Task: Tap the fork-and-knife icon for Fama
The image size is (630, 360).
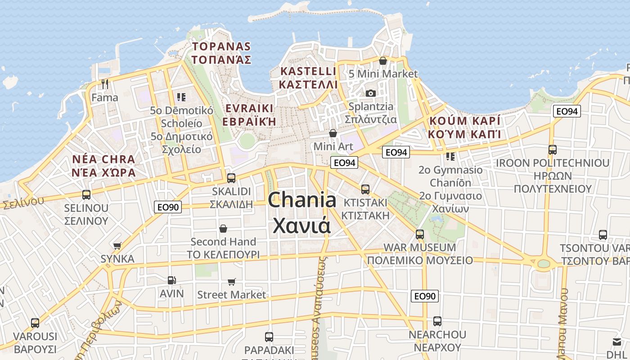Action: tap(105, 84)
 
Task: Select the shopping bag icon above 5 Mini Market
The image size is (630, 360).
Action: tap(383, 61)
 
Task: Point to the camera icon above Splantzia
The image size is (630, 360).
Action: tap(371, 93)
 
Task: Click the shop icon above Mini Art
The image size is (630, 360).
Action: tap(333, 133)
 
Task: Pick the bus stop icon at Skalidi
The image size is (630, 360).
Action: tap(231, 178)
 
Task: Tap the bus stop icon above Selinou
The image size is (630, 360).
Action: tap(86, 195)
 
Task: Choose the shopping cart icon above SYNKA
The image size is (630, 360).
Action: tap(117, 246)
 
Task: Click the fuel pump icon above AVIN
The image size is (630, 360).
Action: tap(171, 280)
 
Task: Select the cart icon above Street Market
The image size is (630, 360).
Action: tap(232, 282)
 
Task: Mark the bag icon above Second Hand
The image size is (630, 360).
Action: tap(223, 229)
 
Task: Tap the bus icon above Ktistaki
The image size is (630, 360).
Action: tap(365, 189)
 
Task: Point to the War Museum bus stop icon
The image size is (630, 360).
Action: tap(420, 234)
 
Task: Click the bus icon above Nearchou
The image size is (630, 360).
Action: tap(437, 321)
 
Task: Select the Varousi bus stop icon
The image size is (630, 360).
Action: tap(35, 323)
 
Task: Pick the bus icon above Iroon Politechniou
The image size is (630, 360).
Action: tap(553, 150)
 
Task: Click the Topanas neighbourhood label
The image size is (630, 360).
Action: tap(221, 53)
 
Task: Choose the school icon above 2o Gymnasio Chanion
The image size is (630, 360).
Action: tap(450, 157)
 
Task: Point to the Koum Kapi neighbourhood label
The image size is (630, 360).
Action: tap(465, 127)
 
